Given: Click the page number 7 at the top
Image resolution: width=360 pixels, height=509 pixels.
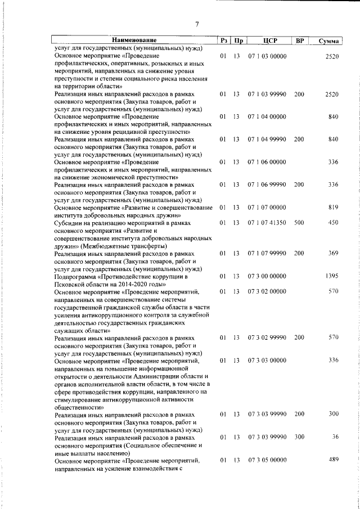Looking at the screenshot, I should pyautogui.click(x=197, y=24).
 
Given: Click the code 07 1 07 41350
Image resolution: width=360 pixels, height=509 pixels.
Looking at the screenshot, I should pyautogui.click(x=267, y=223).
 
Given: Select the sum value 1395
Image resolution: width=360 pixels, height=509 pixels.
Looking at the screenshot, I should pyautogui.click(x=332, y=276).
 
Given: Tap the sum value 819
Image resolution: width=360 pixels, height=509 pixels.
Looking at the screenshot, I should pyautogui.click(x=333, y=208).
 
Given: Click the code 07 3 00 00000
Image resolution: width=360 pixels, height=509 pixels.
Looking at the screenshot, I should pyautogui.click(x=267, y=276).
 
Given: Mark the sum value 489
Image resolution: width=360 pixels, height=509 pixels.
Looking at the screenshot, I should pyautogui.click(x=333, y=460).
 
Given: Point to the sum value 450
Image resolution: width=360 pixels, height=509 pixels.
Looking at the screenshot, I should pyautogui.click(x=333, y=223).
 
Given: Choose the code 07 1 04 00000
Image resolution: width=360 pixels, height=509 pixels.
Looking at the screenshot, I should pyautogui.click(x=267, y=116).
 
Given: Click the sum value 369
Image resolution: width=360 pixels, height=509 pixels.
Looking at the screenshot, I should pyautogui.click(x=333, y=254).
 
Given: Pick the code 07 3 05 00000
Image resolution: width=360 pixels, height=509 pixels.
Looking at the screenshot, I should pyautogui.click(x=267, y=461).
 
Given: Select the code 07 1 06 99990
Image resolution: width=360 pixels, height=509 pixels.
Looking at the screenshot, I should pyautogui.click(x=267, y=184).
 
